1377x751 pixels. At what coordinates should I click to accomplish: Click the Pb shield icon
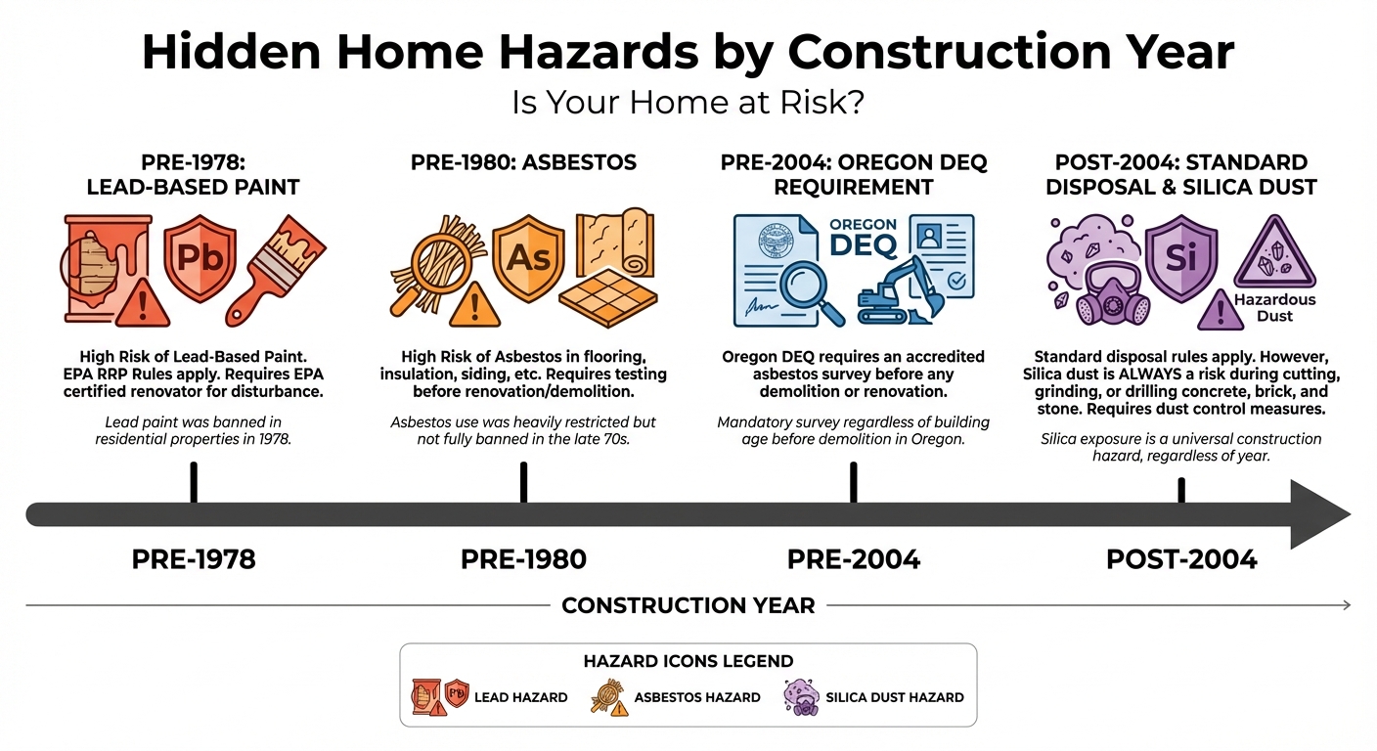200,256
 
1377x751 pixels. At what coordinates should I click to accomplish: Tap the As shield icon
528,256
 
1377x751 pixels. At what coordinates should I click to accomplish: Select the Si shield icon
1180,256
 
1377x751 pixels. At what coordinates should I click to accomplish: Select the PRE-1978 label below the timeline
194,559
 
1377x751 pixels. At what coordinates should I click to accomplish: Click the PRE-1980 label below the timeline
523,559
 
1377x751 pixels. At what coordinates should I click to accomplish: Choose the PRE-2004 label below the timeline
853,559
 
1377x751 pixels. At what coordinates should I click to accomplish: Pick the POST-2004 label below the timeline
1181,559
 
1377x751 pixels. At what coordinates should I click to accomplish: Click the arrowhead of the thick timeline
1320,514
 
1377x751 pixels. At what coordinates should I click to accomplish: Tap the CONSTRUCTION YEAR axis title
688,605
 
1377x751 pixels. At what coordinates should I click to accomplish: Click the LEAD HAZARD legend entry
489,697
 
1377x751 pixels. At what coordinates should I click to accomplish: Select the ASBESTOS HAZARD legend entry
675,697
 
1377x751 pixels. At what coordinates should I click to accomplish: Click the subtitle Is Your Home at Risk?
688,103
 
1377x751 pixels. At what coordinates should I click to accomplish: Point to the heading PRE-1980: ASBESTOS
523,162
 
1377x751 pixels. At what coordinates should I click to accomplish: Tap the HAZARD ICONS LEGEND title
688,662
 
